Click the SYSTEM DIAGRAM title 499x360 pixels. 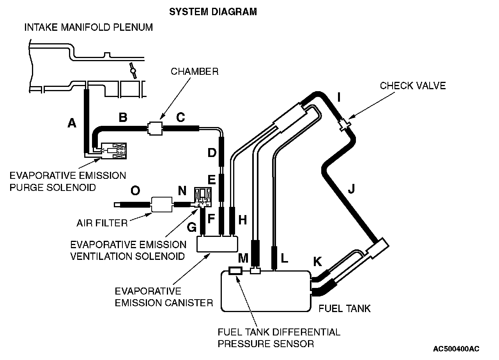pyautogui.click(x=213, y=12)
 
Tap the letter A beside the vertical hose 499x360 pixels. pyautogui.click(x=72, y=123)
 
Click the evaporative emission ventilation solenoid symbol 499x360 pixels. pyautogui.click(x=204, y=197)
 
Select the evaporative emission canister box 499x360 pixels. pyautogui.click(x=218, y=244)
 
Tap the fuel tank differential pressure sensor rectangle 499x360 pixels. pyautogui.click(x=236, y=271)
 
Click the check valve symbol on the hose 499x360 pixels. pyautogui.click(x=344, y=124)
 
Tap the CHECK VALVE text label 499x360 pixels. pyautogui.click(x=412, y=86)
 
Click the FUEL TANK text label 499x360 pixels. pyautogui.click(x=345, y=309)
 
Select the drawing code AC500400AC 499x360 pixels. pyautogui.click(x=456, y=348)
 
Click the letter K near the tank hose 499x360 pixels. pyautogui.click(x=318, y=262)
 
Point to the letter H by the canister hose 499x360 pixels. pyautogui.click(x=243, y=220)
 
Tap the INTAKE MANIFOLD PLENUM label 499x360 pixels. pyautogui.click(x=88, y=27)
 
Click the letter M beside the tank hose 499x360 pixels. pyautogui.click(x=243, y=258)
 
